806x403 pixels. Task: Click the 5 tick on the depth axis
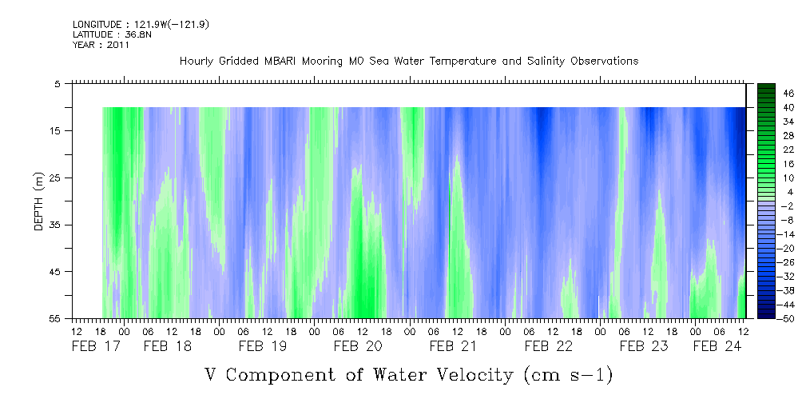(x=58, y=83)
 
